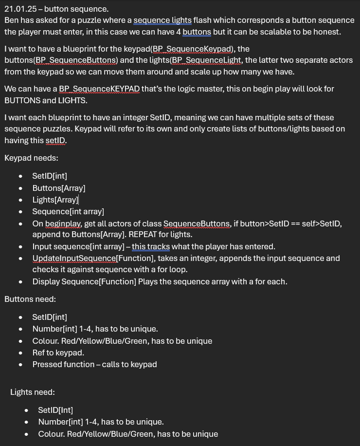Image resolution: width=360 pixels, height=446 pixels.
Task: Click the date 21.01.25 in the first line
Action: (20, 9)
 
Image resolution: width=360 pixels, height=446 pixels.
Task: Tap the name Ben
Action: (12, 20)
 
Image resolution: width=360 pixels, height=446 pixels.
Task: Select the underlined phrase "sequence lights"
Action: (162, 20)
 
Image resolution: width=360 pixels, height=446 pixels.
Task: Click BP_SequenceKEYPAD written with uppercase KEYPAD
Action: (99, 89)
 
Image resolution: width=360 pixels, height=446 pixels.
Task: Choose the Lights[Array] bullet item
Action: (55, 200)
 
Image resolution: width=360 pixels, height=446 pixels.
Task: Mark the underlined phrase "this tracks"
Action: (151, 246)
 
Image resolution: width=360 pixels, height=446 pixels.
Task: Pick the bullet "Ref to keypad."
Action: (58, 353)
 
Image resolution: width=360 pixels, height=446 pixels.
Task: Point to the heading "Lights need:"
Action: (33, 392)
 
